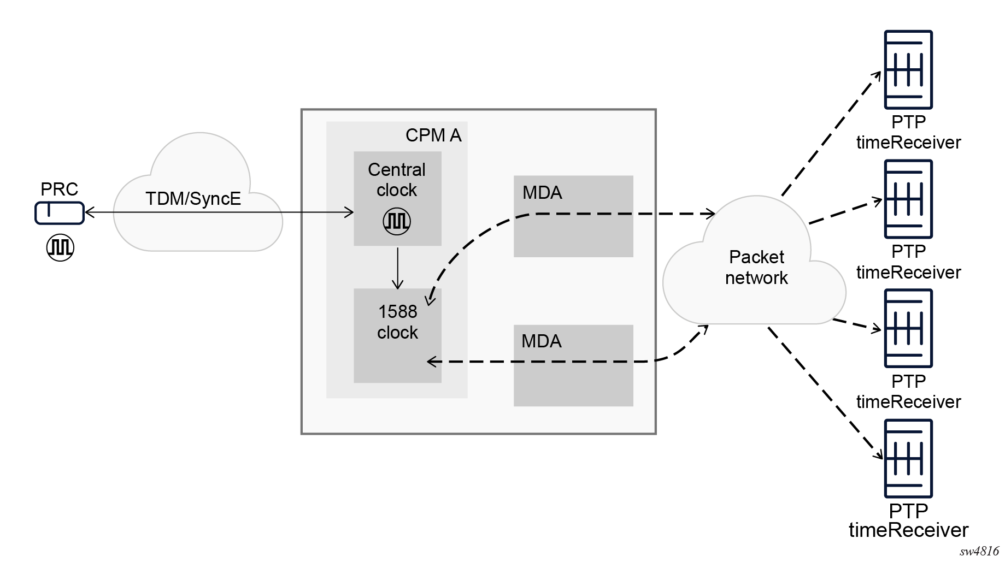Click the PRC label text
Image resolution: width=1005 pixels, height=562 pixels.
click(59, 189)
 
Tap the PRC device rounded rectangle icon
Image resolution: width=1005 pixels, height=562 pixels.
click(60, 213)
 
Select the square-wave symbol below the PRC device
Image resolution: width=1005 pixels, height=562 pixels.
click(60, 247)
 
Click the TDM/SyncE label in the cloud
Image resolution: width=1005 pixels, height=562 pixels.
click(193, 198)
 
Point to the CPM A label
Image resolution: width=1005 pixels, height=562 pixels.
click(433, 135)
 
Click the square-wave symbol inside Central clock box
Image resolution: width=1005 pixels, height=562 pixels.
click(397, 221)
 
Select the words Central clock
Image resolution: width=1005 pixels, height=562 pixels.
click(397, 180)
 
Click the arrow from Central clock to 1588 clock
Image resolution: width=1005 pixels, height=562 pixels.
click(398, 268)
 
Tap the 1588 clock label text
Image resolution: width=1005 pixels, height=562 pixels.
click(397, 322)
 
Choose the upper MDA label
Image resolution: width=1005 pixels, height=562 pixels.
click(542, 192)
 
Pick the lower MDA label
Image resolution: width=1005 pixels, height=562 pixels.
click(541, 341)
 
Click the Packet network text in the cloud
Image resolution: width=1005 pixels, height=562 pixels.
click(756, 267)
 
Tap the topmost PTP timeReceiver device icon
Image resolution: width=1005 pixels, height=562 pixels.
click(908, 70)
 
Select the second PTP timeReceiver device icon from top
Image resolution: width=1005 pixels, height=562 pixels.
click(908, 199)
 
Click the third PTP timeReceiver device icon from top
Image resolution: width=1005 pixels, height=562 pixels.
click(908, 328)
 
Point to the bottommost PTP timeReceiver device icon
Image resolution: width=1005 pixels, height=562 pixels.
click(908, 458)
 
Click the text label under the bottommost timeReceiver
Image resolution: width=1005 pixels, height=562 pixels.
click(908, 520)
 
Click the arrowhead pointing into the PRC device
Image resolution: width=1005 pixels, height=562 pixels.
click(89, 212)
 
